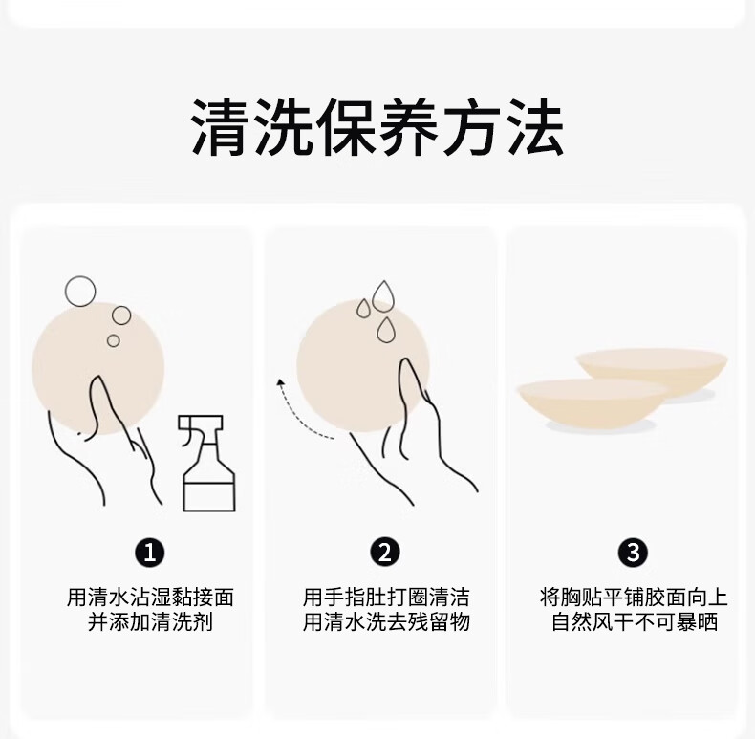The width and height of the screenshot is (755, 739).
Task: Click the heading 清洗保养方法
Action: click(377, 127)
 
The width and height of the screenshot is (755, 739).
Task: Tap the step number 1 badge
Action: click(150, 552)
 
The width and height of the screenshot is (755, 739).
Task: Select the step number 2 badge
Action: click(385, 552)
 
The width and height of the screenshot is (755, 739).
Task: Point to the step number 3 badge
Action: click(633, 552)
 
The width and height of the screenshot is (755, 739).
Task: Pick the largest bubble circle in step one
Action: click(80, 291)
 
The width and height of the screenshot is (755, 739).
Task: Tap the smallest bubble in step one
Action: click(113, 340)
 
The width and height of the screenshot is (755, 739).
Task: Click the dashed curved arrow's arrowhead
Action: click(280, 383)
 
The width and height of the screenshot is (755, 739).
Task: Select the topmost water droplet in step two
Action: click(383, 295)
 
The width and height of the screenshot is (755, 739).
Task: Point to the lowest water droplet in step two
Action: click(385, 330)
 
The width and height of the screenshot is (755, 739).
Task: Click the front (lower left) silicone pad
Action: click(593, 403)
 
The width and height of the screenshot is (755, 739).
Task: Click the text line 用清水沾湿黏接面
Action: click(150, 598)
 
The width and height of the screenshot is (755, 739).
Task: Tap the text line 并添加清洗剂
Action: click(150, 622)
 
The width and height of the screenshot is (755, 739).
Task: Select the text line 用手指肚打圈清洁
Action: click(386, 598)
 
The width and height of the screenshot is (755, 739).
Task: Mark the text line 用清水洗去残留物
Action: click(386, 622)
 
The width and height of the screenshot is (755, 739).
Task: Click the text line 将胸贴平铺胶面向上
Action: click(634, 598)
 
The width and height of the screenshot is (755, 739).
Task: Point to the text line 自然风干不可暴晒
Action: click(635, 622)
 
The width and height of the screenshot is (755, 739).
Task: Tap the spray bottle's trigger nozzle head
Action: click(201, 423)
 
